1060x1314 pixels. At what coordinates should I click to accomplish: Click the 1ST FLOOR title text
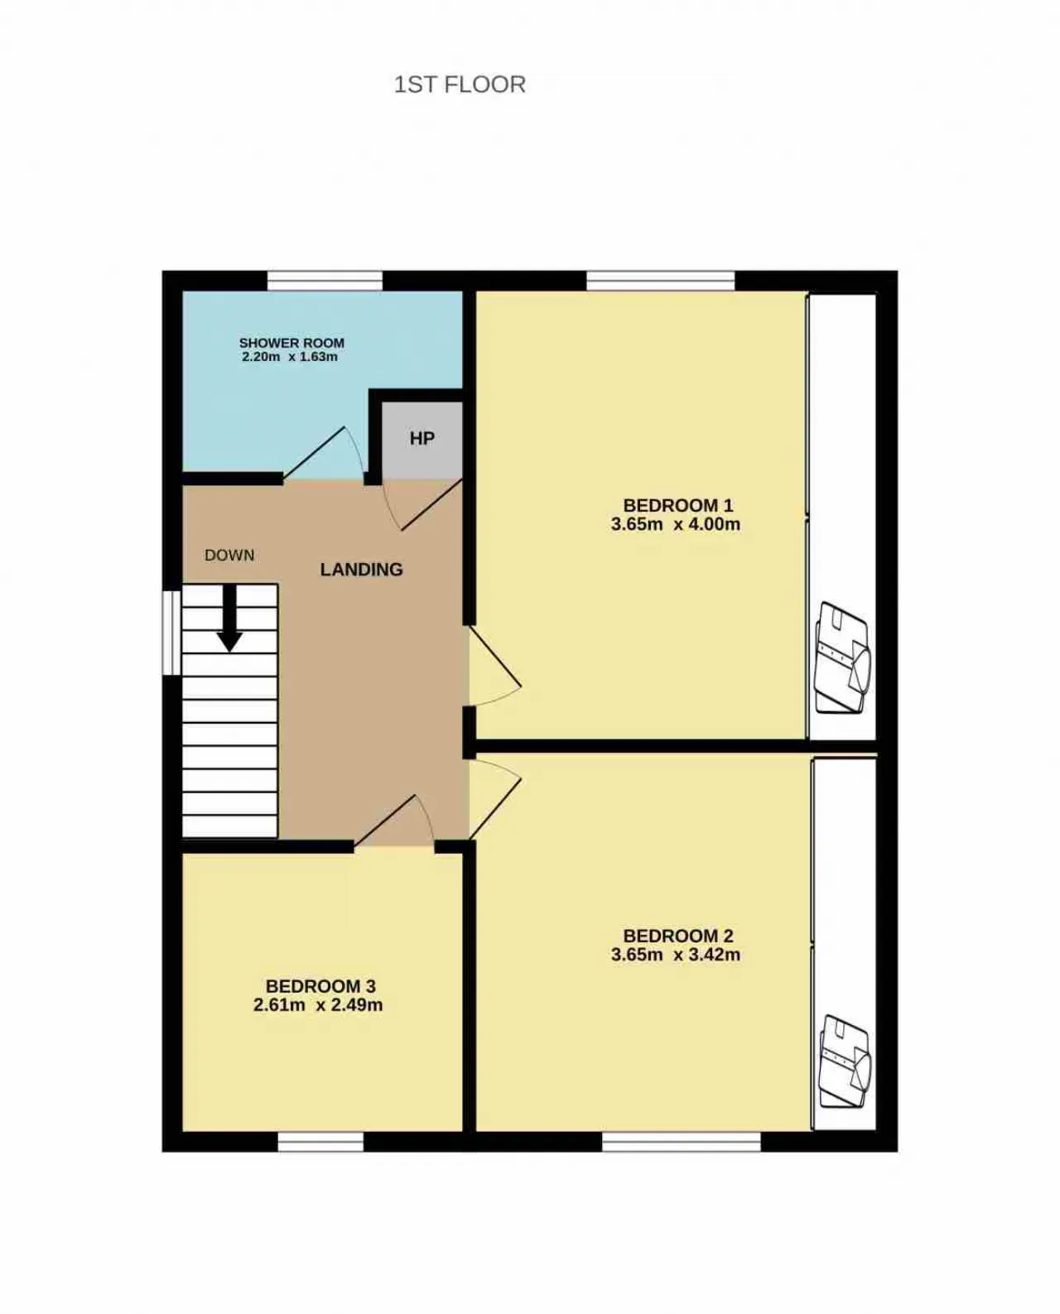click(460, 84)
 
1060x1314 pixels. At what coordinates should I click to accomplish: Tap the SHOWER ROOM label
click(291, 343)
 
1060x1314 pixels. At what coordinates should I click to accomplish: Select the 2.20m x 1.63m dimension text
click(290, 357)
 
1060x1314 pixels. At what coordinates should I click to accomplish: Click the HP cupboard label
click(422, 438)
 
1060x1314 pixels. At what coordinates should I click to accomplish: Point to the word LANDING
click(362, 570)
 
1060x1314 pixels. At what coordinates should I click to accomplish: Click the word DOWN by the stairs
click(229, 556)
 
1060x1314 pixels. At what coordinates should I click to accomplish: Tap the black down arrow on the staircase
click(230, 618)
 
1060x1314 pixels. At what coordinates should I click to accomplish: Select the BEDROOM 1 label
click(677, 506)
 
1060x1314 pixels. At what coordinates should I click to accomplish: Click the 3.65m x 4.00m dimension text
click(676, 524)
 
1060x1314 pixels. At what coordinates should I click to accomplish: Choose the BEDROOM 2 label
click(677, 936)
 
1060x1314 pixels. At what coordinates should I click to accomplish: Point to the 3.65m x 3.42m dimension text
click(676, 955)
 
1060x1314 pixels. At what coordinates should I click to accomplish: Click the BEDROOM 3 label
click(320, 986)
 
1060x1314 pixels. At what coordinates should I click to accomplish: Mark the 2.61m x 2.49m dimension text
click(318, 1005)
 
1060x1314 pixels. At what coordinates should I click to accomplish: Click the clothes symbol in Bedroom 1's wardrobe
click(843, 657)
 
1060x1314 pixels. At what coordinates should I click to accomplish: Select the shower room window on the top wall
click(325, 281)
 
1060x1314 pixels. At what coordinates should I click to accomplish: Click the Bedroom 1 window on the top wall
click(661, 281)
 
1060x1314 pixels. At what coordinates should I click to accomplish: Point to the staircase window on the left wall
click(171, 633)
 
